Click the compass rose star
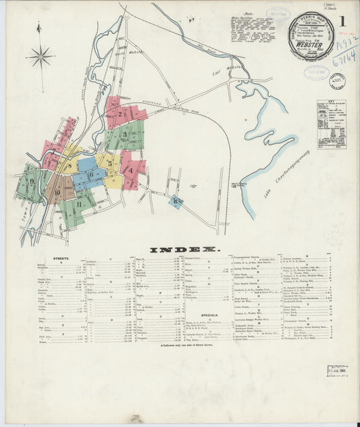tap(41, 56)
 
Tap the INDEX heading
tap(185, 249)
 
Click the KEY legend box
tap(332, 124)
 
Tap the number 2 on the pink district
tap(120, 114)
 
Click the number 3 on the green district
tap(125, 135)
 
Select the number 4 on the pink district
tap(130, 170)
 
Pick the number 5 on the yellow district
tap(109, 163)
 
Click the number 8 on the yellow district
tap(70, 165)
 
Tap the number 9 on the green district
tap(32, 181)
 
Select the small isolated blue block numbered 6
tap(176, 201)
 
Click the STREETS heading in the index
tap(61, 258)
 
